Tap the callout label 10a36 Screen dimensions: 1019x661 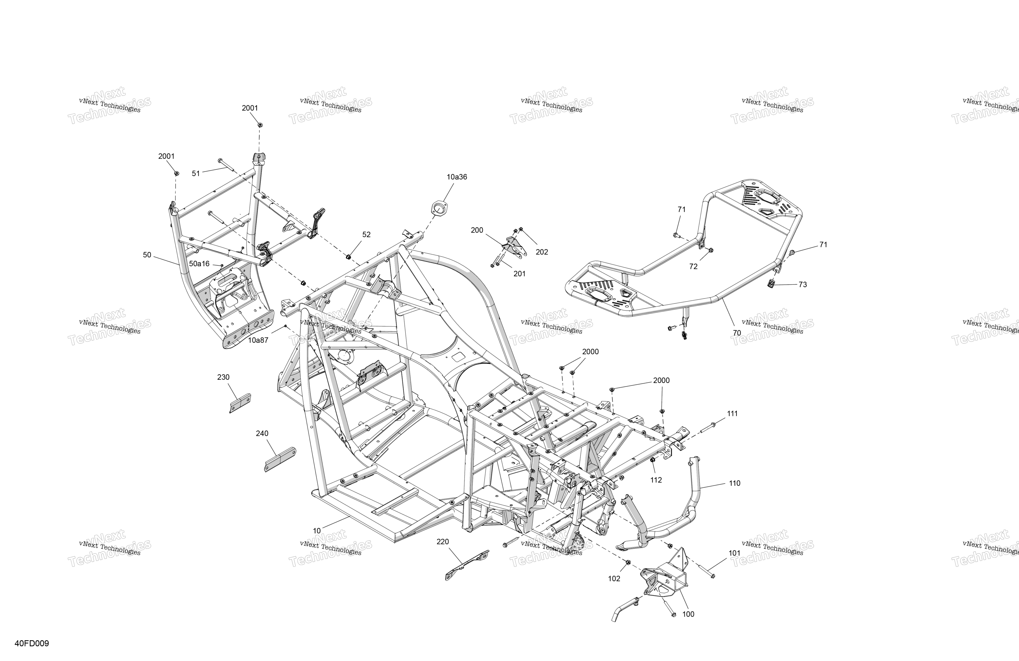pos(457,177)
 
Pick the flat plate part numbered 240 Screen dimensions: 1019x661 pos(280,459)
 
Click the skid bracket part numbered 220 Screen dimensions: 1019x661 pos(467,565)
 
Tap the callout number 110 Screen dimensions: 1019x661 pos(734,483)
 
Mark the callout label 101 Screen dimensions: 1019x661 pos(734,553)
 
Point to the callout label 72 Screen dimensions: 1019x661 pos(693,267)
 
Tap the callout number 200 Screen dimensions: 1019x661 pos(477,230)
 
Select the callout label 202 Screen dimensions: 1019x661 pos(542,252)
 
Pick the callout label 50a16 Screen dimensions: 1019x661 pos(200,263)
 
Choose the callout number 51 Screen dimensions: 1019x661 pos(196,174)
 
